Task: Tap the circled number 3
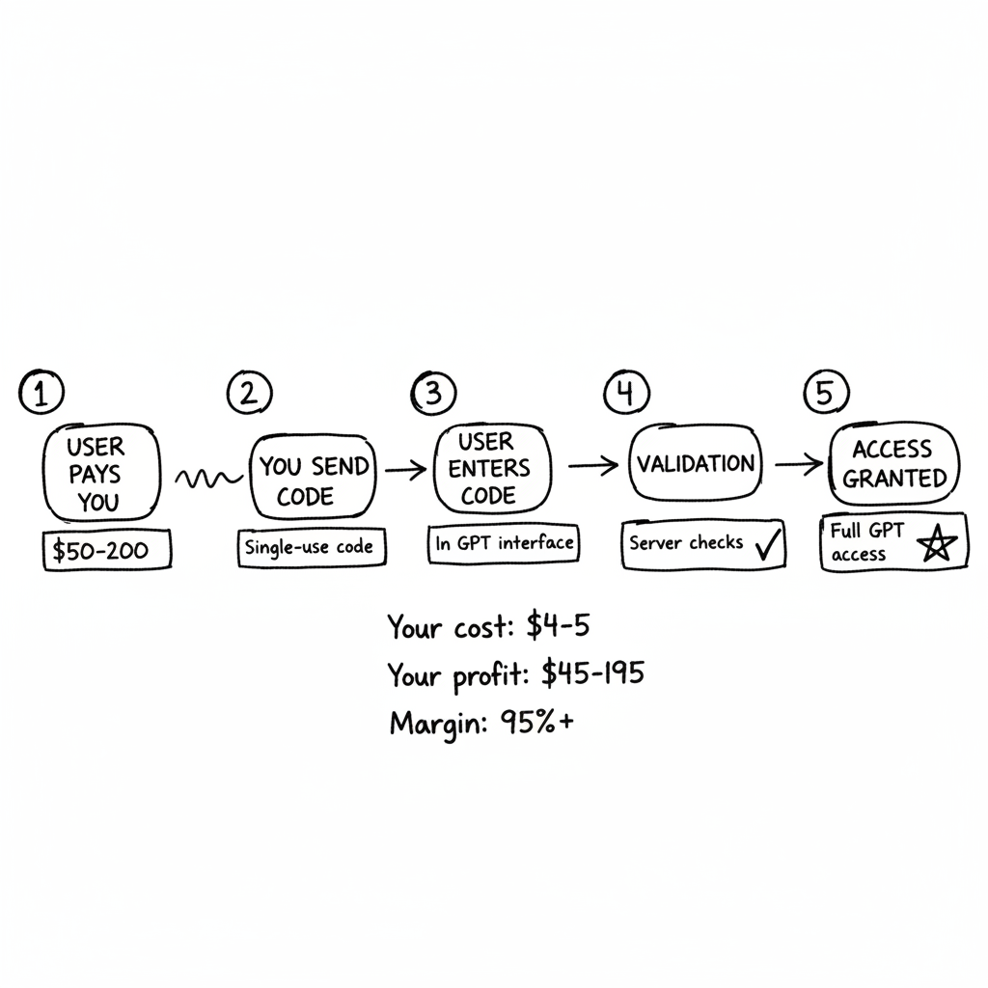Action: click(433, 393)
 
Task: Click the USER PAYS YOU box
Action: click(96, 474)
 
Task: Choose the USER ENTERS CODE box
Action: click(494, 469)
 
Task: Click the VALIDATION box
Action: click(695, 464)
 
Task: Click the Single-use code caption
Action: click(308, 546)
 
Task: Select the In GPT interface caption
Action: click(504, 543)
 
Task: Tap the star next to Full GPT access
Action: click(935, 547)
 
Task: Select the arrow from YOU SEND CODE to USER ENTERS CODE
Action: click(403, 471)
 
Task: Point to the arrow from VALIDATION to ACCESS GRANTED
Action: click(798, 464)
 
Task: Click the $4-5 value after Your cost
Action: click(558, 627)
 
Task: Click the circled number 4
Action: click(626, 393)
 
